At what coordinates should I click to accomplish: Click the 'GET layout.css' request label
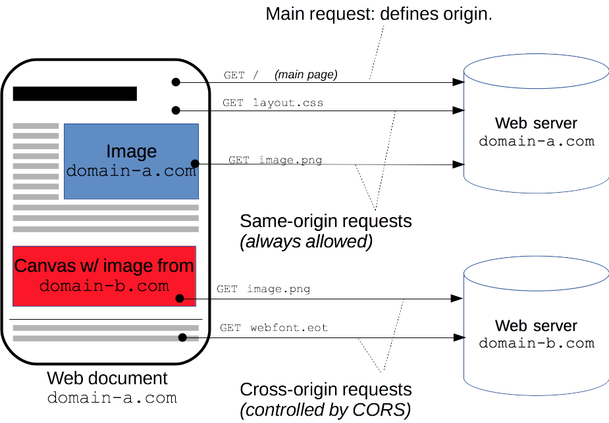(x=273, y=103)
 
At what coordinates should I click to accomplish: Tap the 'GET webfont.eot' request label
(x=273, y=328)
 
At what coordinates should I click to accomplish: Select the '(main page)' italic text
(x=305, y=75)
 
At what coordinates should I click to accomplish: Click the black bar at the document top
(x=74, y=93)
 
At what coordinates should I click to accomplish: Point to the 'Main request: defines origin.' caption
(x=379, y=14)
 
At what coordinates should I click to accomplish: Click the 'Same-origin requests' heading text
(x=325, y=221)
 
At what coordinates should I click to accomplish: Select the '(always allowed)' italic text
(x=306, y=241)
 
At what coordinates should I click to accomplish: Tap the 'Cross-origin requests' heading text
(x=325, y=389)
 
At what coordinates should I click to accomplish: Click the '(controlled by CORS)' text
(x=325, y=411)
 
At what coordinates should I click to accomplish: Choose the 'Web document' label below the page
(x=107, y=379)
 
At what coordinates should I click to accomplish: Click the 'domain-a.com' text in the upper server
(x=536, y=141)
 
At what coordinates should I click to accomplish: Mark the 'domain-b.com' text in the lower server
(x=536, y=343)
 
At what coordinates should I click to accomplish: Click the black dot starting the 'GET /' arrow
(x=176, y=82)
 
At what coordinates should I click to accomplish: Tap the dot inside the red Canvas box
(x=180, y=299)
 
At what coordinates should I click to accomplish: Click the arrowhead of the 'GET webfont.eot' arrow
(x=458, y=338)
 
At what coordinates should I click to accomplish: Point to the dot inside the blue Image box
(x=194, y=163)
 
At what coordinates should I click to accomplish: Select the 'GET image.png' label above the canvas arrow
(x=263, y=289)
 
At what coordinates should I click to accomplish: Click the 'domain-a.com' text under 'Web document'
(x=112, y=398)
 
